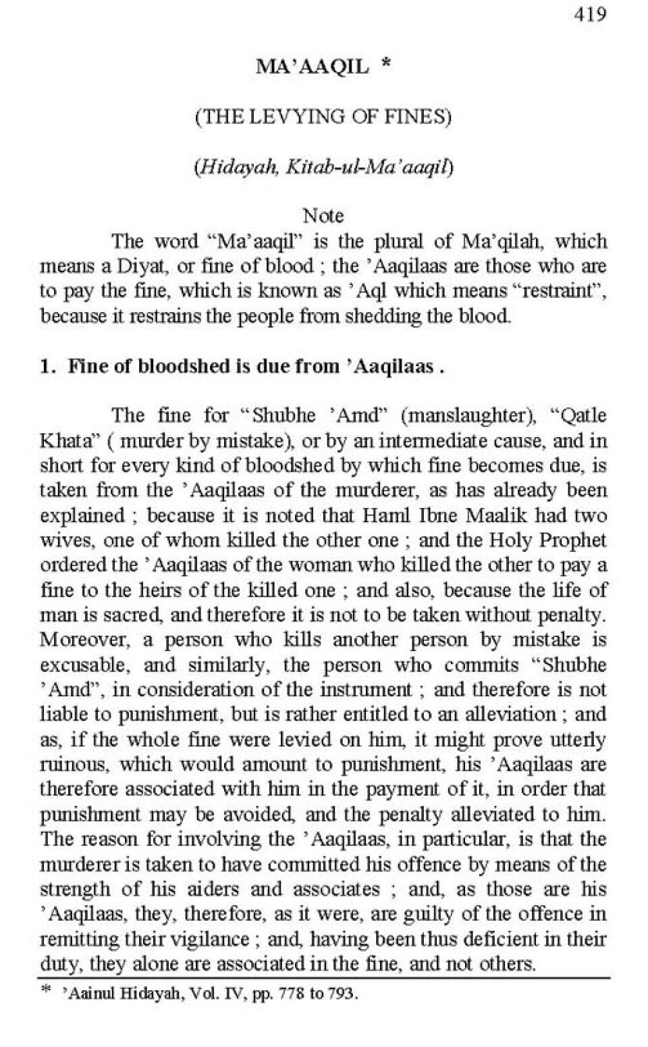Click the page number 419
[x=591, y=14]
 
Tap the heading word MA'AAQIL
[x=312, y=66]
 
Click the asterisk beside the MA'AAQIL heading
[x=385, y=65]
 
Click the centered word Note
[x=323, y=216]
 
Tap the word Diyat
[x=144, y=266]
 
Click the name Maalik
[x=498, y=515]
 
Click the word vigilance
[x=206, y=939]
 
